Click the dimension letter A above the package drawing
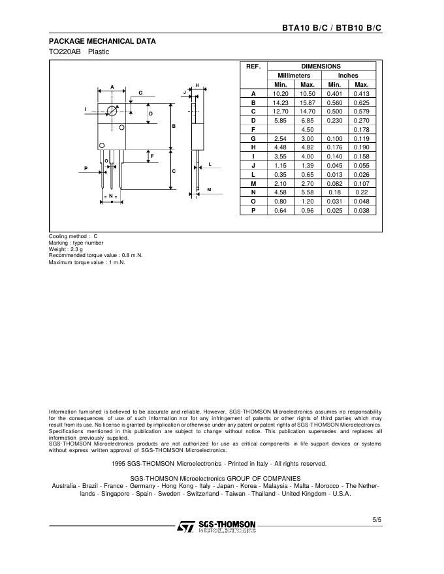[x=112, y=86]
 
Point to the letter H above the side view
[x=197, y=85]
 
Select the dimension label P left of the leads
[x=86, y=169]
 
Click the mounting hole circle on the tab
[x=112, y=111]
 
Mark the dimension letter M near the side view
[x=210, y=189]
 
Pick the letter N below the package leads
[x=111, y=196]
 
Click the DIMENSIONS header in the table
[x=321, y=66]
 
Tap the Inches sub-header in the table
[x=347, y=76]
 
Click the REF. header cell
[x=253, y=66]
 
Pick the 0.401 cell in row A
[x=334, y=94]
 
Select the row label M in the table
[x=253, y=184]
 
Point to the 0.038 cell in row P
[x=361, y=211]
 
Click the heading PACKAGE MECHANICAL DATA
[x=103, y=41]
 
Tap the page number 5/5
[x=377, y=519]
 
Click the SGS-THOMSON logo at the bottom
[x=217, y=526]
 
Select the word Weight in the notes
[x=59, y=249]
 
